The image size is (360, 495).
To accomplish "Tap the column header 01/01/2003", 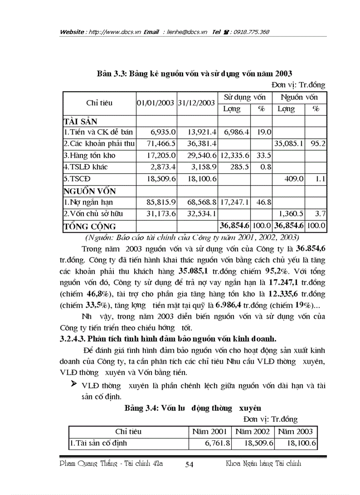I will click(156, 103).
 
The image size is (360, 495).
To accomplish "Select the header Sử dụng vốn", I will click(244, 97).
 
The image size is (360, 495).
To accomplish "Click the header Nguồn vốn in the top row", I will click(299, 97).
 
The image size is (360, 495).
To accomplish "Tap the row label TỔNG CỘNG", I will click(90, 227).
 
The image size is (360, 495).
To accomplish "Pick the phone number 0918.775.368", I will click(252, 32).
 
